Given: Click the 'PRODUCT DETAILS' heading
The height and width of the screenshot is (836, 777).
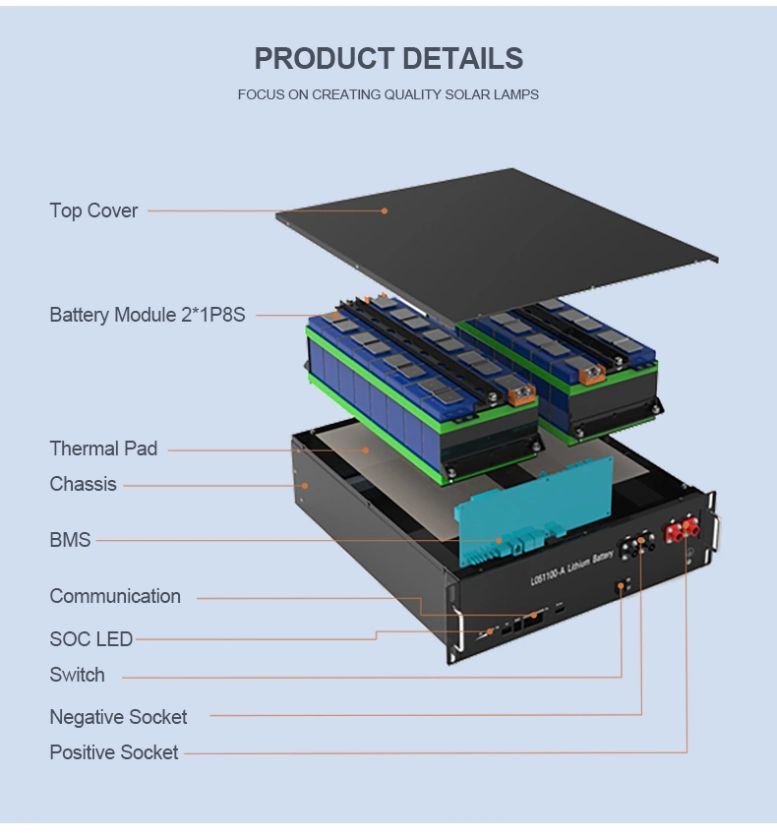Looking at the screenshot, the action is coord(388,58).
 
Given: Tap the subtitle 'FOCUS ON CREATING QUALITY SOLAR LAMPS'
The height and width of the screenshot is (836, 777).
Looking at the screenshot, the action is coord(388,94).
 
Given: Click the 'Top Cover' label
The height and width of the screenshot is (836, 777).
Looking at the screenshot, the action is coord(93,210).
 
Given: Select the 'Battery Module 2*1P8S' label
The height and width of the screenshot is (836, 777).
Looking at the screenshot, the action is coord(148,315).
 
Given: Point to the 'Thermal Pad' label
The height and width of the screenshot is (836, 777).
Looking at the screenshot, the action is coord(103,448).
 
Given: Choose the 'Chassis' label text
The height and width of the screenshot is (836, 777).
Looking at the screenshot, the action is coord(84,484).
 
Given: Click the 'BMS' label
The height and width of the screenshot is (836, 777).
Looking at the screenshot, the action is coord(70,540).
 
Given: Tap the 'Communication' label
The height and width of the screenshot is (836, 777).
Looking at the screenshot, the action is coord(115,596).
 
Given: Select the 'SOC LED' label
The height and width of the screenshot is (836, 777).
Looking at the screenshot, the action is coord(91,638).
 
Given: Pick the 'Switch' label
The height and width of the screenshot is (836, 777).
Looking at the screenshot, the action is coord(78,675).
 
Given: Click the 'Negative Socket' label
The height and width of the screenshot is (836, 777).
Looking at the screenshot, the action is coord(118,717).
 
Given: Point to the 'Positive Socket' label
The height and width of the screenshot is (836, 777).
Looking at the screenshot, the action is coord(113,752).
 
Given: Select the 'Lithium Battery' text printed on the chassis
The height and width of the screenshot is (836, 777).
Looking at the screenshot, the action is coord(589,563).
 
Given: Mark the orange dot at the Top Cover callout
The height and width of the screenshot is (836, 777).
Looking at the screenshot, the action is coord(385,211).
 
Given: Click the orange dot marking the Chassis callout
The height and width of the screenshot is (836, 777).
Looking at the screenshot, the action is coord(305,486).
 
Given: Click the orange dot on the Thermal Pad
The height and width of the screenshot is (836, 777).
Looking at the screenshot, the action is coord(366,450).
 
